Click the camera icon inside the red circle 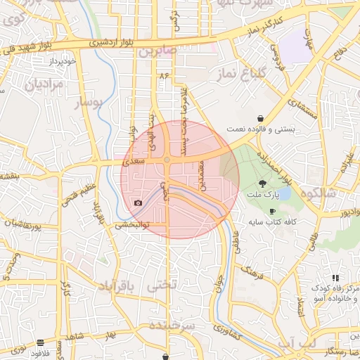138,202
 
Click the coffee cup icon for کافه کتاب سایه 272,211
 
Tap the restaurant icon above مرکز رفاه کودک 335,278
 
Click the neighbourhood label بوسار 89,103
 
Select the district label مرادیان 45,84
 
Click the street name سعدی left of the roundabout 134,162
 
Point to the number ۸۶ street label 165,74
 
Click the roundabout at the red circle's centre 167,160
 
